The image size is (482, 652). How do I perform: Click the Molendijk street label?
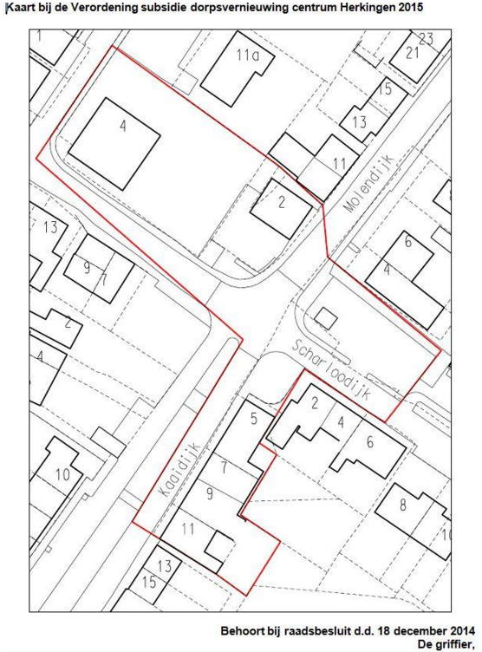tap(369, 184)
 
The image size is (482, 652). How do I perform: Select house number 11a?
tap(247, 55)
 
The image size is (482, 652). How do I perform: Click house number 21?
tap(412, 53)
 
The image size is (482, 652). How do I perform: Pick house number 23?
tap(426, 39)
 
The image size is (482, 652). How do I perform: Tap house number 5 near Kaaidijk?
tap(254, 418)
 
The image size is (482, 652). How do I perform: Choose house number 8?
tap(402, 505)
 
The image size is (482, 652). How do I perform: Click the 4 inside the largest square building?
tap(123, 126)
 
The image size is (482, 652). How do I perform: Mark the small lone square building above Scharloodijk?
tap(326, 319)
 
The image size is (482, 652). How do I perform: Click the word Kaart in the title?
tap(21, 8)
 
